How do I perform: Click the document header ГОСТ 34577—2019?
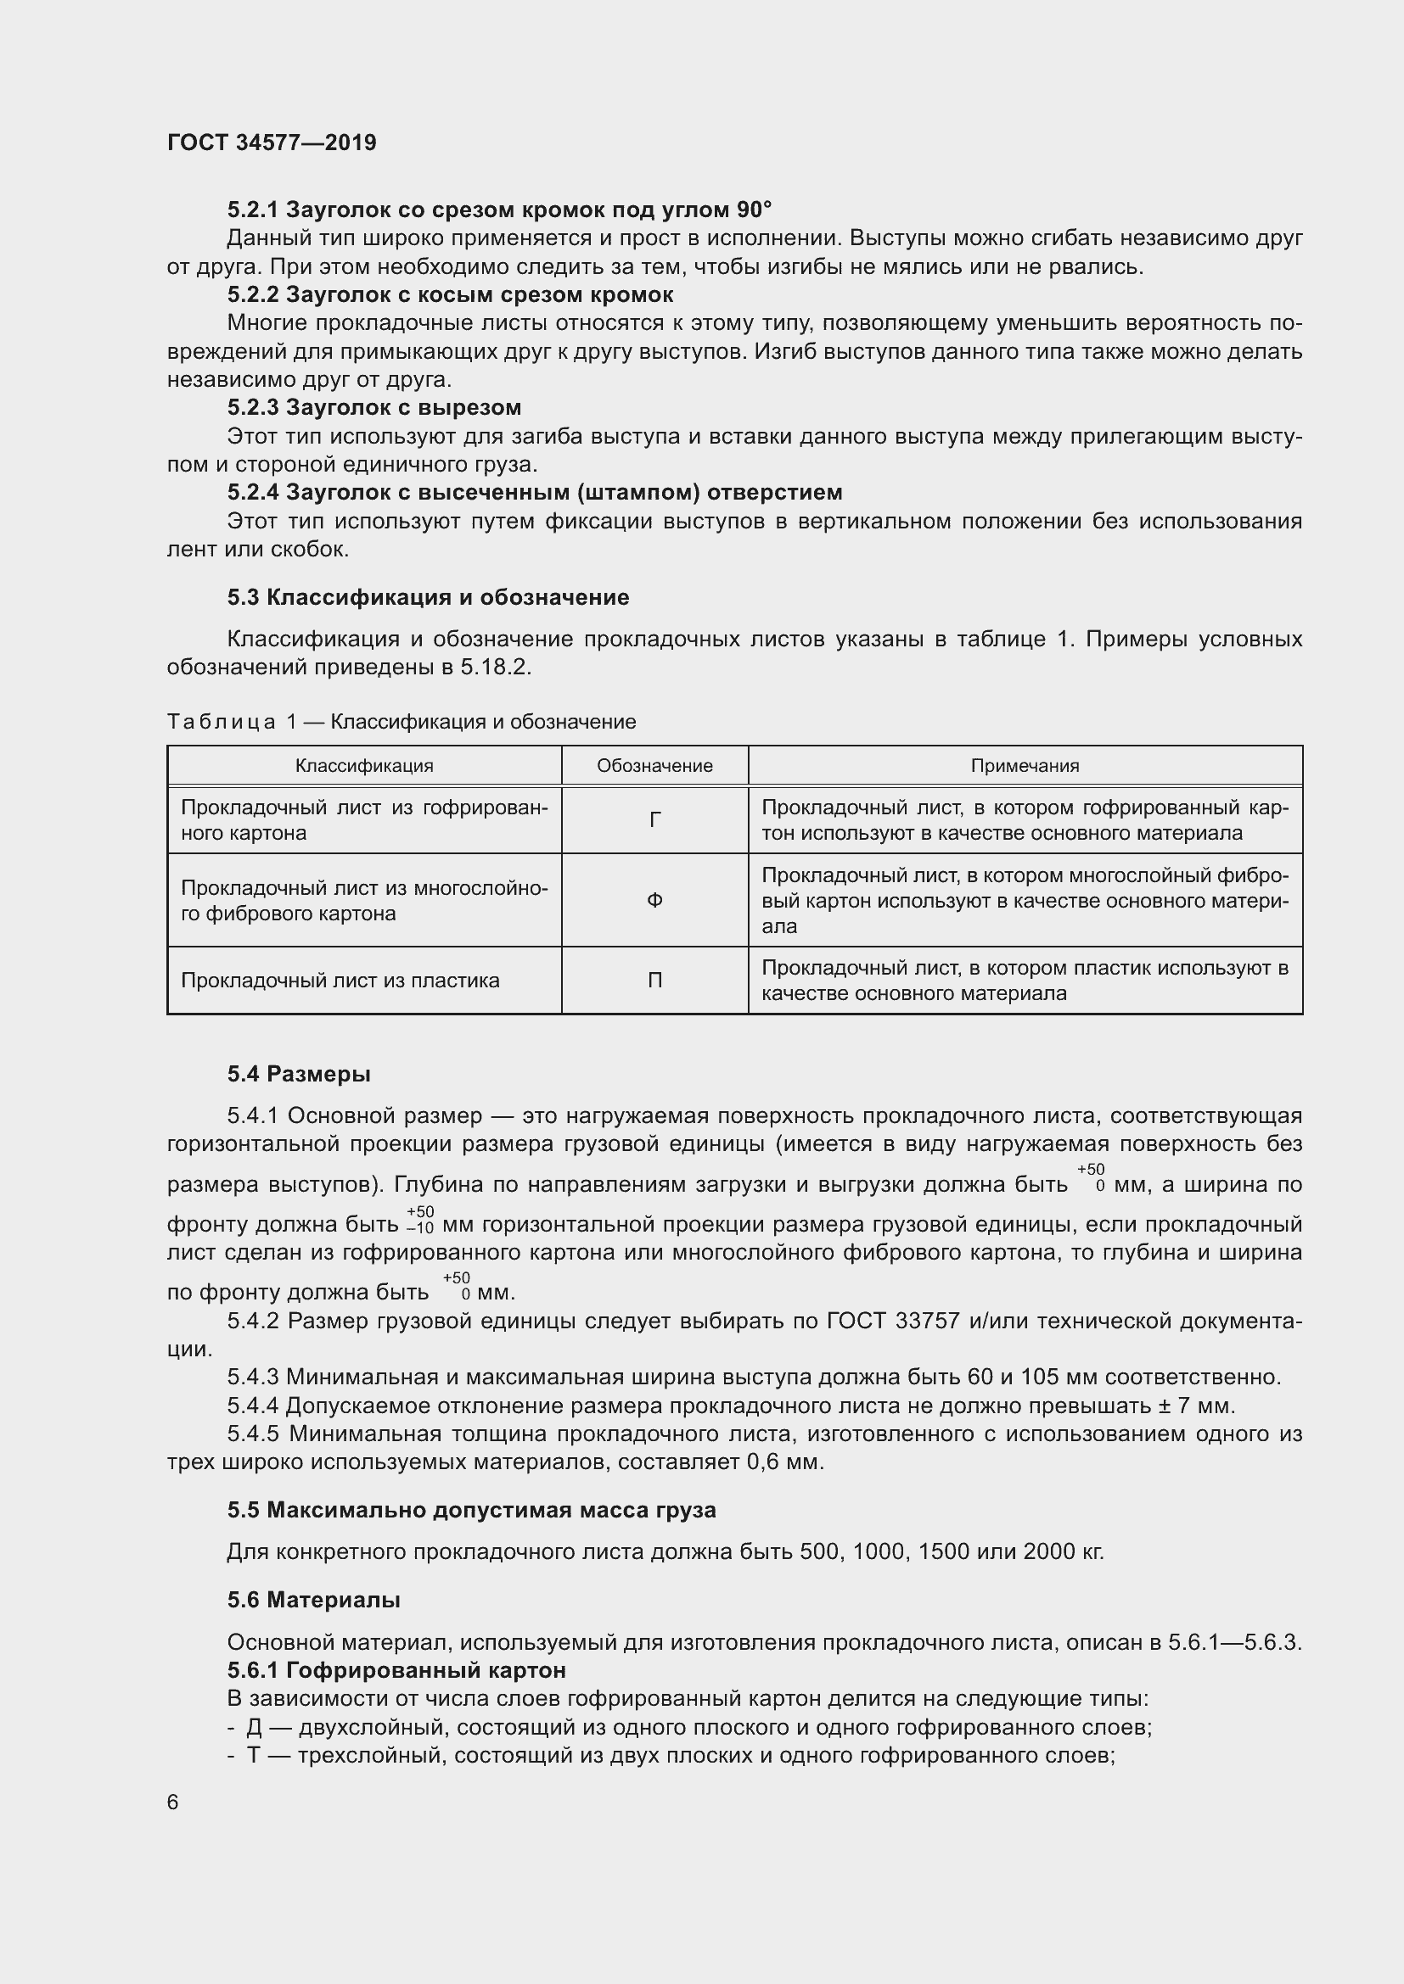click(272, 143)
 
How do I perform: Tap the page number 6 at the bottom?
click(173, 1802)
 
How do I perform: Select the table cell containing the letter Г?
click(654, 820)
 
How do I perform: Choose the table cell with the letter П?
click(654, 980)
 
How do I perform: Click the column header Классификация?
click(364, 766)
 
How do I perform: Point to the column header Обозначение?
click(654, 766)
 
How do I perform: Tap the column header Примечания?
click(1025, 766)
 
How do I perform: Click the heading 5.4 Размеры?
click(299, 1074)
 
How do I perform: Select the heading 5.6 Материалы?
click(314, 1600)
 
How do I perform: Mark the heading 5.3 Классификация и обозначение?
click(428, 597)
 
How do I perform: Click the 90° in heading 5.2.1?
click(754, 210)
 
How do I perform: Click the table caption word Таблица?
click(222, 722)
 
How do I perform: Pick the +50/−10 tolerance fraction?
click(420, 1220)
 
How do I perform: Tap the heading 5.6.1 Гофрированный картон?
click(396, 1669)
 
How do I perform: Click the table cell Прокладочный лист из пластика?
click(340, 980)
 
